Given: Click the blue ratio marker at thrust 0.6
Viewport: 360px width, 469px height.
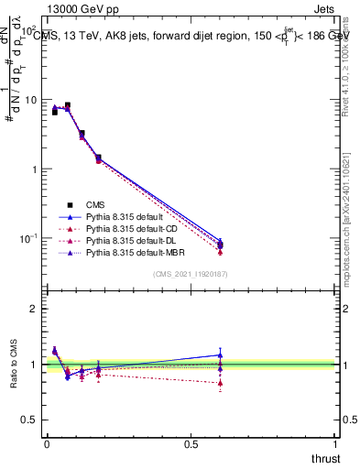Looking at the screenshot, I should click(x=220, y=354).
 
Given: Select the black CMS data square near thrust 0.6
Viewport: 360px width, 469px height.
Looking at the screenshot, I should click(x=220, y=245).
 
